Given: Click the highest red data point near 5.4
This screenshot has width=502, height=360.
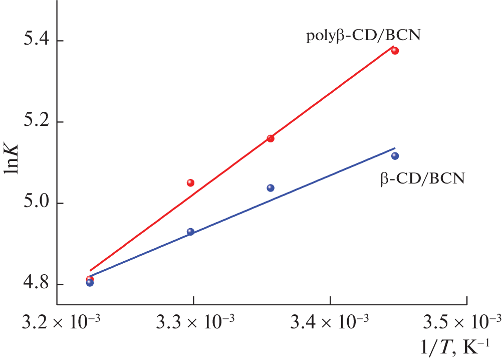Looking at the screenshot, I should click(395, 51).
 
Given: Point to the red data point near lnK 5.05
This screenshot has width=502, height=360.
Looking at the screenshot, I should click(190, 183).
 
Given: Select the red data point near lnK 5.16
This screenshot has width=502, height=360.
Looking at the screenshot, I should click(271, 138).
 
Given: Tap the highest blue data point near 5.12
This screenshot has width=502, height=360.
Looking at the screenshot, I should click(395, 156).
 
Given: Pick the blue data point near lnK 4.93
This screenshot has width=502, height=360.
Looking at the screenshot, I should click(190, 232).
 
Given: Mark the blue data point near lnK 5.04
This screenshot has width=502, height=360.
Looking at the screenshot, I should click(271, 188).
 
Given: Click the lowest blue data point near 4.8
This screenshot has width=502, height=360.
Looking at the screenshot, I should click(90, 283).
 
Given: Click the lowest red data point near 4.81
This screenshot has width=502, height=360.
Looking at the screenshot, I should click(90, 278).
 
